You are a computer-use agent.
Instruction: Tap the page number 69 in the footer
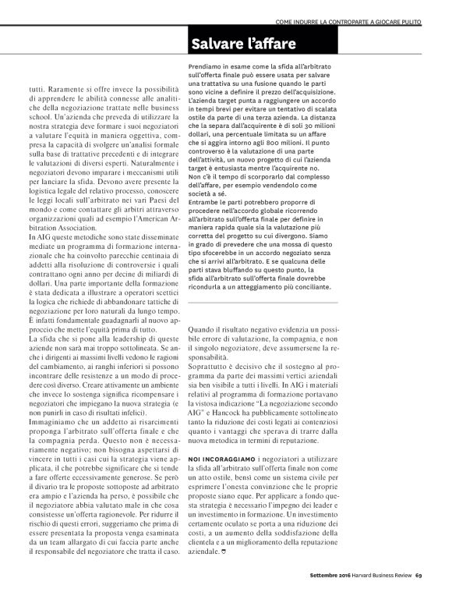tap(418, 577)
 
